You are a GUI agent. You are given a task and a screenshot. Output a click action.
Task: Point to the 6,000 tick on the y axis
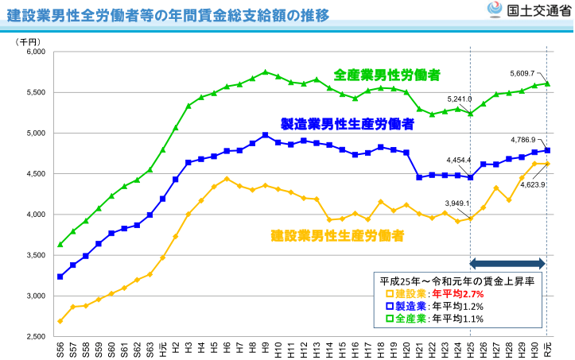pyautogui.click(x=36, y=52)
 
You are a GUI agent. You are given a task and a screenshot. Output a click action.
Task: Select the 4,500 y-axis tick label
pyautogui.click(x=36, y=174)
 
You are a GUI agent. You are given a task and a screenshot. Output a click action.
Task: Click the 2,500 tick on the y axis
pyautogui.click(x=36, y=337)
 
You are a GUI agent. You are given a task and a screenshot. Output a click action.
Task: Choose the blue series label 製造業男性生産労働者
pyautogui.click(x=348, y=124)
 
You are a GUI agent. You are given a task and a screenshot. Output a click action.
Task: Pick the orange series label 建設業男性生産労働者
pyautogui.click(x=337, y=235)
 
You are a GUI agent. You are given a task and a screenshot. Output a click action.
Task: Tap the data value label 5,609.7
pyautogui.click(x=523, y=73)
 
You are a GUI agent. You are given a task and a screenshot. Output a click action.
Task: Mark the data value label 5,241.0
pyautogui.click(x=460, y=99)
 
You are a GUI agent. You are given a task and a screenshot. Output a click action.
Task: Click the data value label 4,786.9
pyautogui.click(x=523, y=140)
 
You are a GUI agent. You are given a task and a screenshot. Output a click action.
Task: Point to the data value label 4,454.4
pyautogui.click(x=459, y=160)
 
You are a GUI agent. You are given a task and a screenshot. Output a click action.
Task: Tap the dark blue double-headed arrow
pyautogui.click(x=507, y=264)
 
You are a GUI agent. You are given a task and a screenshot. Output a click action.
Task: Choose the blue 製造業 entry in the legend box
pyautogui.click(x=402, y=306)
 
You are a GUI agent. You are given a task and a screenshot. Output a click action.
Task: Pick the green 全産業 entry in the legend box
pyautogui.click(x=402, y=319)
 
